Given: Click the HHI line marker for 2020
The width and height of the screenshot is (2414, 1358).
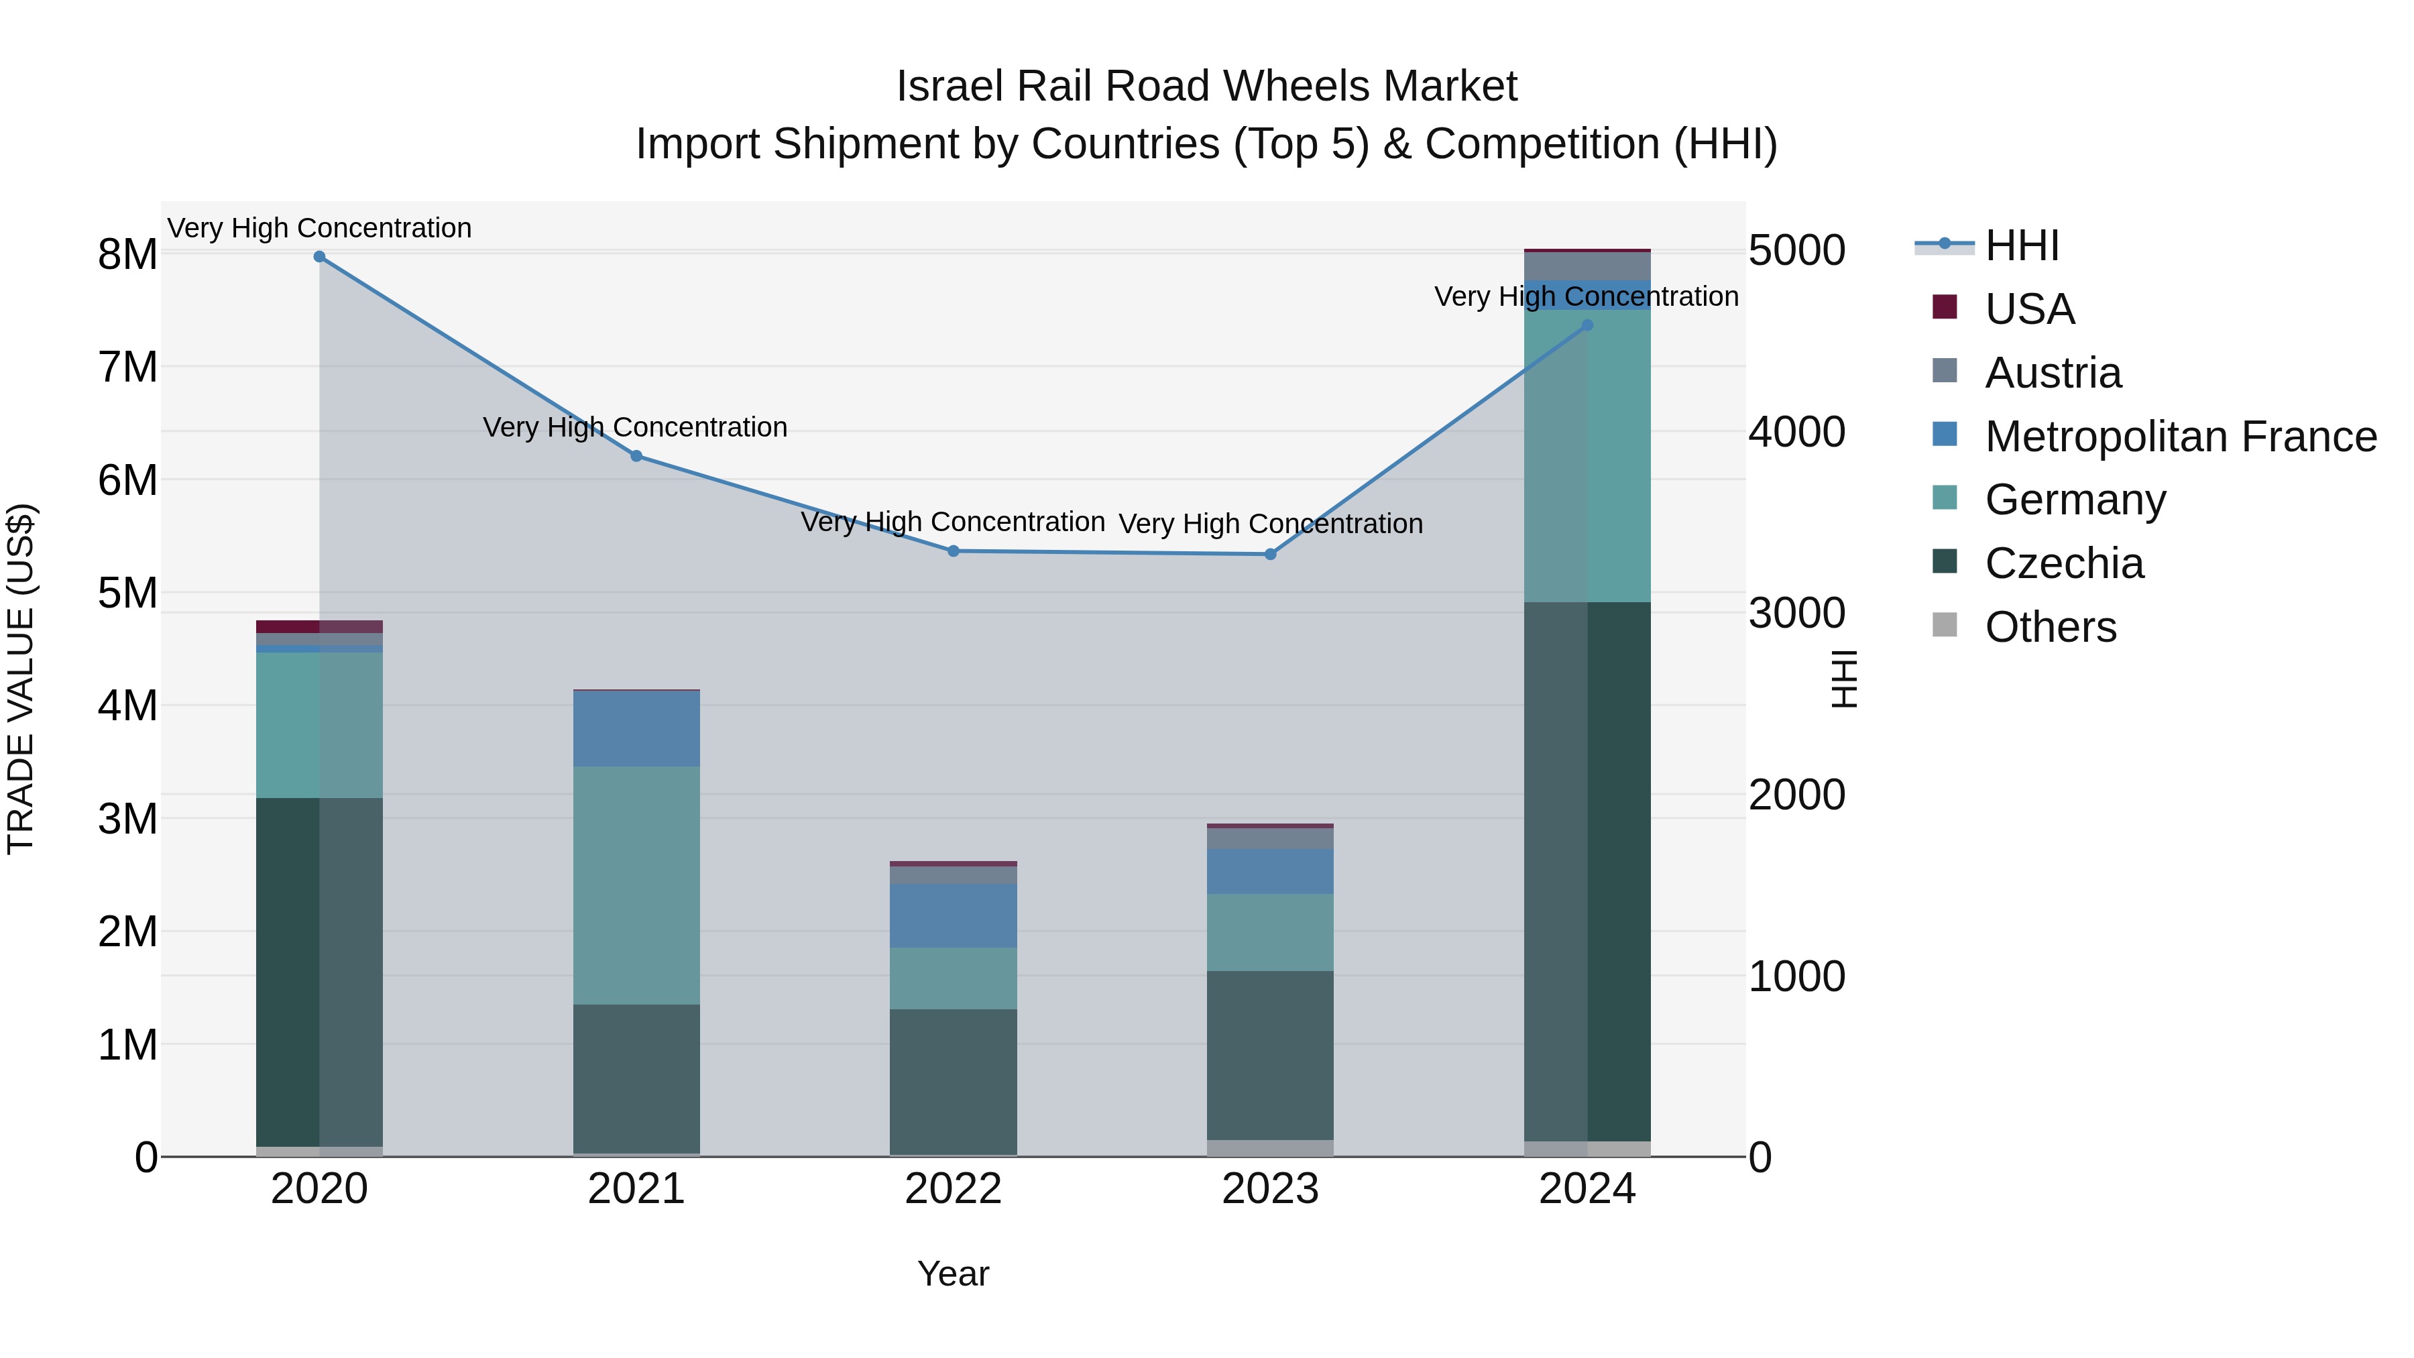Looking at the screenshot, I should tap(320, 257).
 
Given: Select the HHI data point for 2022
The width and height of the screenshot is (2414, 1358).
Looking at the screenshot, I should tap(953, 551).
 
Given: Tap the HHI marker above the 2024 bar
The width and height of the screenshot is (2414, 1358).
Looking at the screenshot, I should tap(1587, 325).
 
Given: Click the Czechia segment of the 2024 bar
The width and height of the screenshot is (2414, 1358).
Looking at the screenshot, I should tap(1587, 872).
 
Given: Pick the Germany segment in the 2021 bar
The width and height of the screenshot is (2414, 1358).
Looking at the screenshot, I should tap(636, 886).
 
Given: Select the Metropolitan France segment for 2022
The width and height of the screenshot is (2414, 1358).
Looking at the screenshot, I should tap(953, 915).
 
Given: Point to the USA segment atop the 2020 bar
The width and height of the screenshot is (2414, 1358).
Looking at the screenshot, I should tap(320, 627).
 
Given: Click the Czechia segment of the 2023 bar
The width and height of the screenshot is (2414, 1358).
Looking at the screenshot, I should tap(1270, 1056).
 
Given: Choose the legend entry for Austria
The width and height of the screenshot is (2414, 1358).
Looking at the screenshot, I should tap(2053, 373).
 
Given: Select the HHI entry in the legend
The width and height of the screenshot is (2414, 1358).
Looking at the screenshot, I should tap(2021, 245).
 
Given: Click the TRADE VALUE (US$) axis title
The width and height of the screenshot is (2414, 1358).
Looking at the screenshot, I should tap(21, 679).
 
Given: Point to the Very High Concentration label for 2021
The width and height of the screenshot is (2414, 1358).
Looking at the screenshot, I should tap(636, 427).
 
